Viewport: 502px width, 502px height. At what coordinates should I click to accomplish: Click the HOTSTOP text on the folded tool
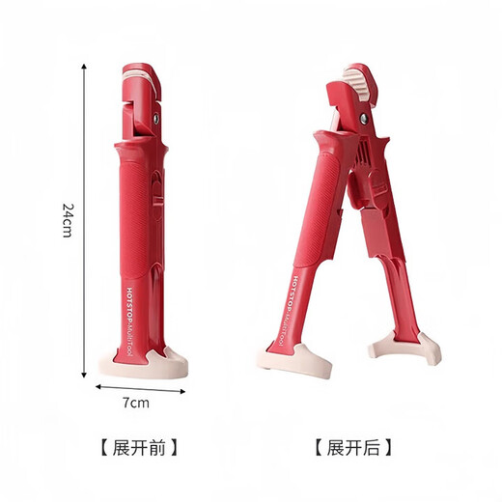[128, 303]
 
